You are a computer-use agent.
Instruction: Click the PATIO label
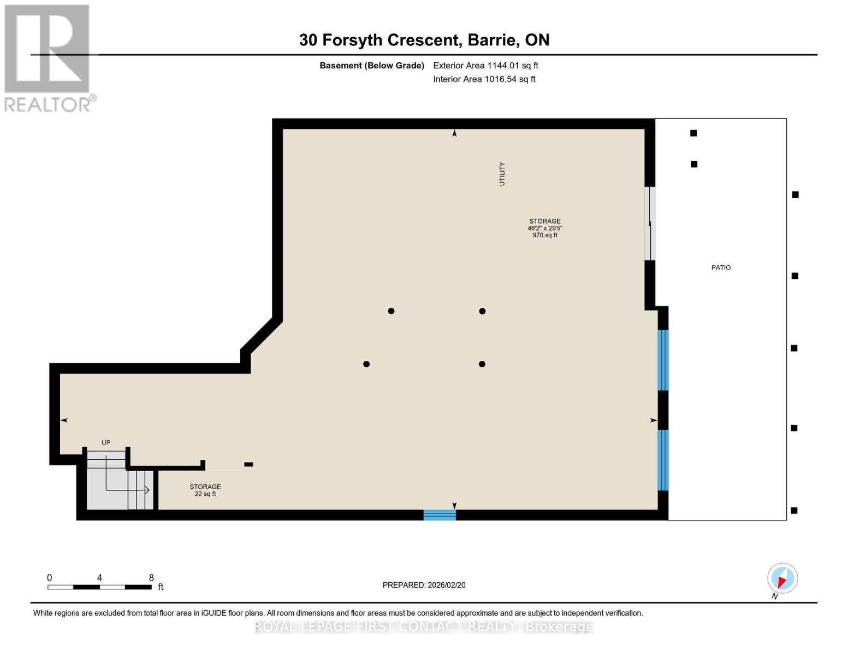click(x=721, y=268)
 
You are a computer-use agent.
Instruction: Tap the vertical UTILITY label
click(x=502, y=174)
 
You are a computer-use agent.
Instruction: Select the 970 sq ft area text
click(x=545, y=235)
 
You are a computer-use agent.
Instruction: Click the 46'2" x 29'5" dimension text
click(x=545, y=228)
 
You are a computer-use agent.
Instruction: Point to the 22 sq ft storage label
click(x=205, y=494)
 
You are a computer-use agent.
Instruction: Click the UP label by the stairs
click(x=106, y=443)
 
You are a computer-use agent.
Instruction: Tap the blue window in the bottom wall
click(x=440, y=515)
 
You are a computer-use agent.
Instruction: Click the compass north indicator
click(x=782, y=578)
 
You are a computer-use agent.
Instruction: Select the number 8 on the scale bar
click(x=151, y=578)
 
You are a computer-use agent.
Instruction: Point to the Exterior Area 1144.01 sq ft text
click(x=485, y=66)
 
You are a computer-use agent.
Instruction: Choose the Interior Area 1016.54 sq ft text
click(x=484, y=79)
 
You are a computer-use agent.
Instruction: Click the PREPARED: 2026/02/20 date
click(x=424, y=585)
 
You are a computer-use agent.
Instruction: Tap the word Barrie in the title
click(x=493, y=40)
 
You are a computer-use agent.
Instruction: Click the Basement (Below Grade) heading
click(x=371, y=66)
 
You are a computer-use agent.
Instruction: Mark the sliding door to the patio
click(x=649, y=224)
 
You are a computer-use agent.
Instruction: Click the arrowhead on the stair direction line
click(x=147, y=490)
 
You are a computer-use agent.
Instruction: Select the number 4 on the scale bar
click(x=99, y=578)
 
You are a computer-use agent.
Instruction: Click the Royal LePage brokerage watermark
click(x=424, y=626)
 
